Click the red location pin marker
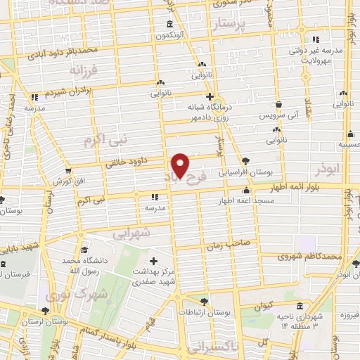tap(181, 165)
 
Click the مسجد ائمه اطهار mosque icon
tap(246, 190)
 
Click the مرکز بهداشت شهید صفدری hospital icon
tap(153, 262)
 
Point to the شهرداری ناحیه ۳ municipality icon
tap(300, 307)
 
